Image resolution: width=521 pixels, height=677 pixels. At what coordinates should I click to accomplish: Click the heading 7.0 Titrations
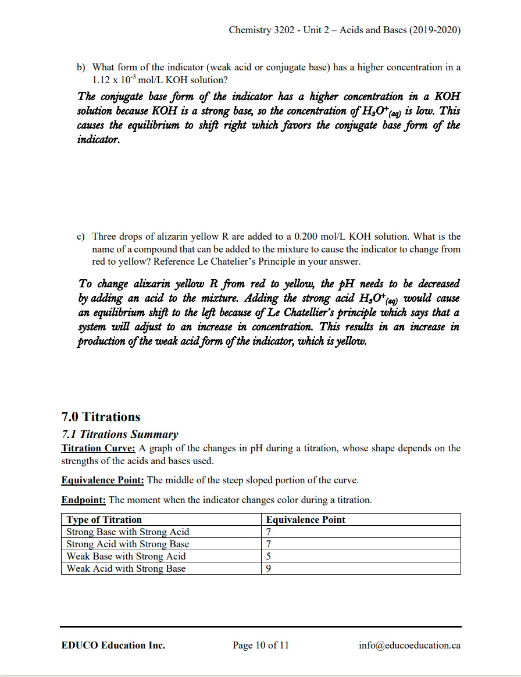[101, 416]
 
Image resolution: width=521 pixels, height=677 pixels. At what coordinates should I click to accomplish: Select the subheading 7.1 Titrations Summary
[120, 434]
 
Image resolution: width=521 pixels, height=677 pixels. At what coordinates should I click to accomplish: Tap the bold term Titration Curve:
[98, 448]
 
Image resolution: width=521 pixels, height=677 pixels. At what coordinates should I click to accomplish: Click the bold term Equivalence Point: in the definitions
[102, 480]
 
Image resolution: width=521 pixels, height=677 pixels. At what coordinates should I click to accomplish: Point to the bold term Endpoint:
[83, 500]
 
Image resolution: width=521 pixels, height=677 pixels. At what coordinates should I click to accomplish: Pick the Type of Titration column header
[104, 519]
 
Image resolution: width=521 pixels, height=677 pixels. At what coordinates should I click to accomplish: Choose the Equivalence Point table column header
[305, 519]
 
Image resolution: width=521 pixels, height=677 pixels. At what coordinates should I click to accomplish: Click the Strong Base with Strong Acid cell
[128, 532]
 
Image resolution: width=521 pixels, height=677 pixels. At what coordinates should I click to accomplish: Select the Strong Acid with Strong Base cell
[128, 544]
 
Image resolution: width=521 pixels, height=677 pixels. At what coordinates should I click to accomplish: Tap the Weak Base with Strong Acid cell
[126, 556]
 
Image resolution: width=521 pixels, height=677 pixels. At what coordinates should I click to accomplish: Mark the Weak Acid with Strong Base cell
[126, 568]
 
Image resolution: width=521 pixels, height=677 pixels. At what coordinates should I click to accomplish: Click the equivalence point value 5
[268, 556]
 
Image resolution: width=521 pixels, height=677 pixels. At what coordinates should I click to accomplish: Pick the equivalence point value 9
[268, 568]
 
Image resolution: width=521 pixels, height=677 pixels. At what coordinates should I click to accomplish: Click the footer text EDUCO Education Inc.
[113, 645]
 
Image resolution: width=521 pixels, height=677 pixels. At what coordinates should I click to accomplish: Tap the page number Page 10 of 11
[260, 645]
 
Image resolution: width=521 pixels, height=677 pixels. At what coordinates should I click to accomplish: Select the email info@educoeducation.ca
[410, 645]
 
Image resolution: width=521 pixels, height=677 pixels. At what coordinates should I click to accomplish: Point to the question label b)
[82, 67]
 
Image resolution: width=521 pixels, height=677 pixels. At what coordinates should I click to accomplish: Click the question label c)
[82, 237]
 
